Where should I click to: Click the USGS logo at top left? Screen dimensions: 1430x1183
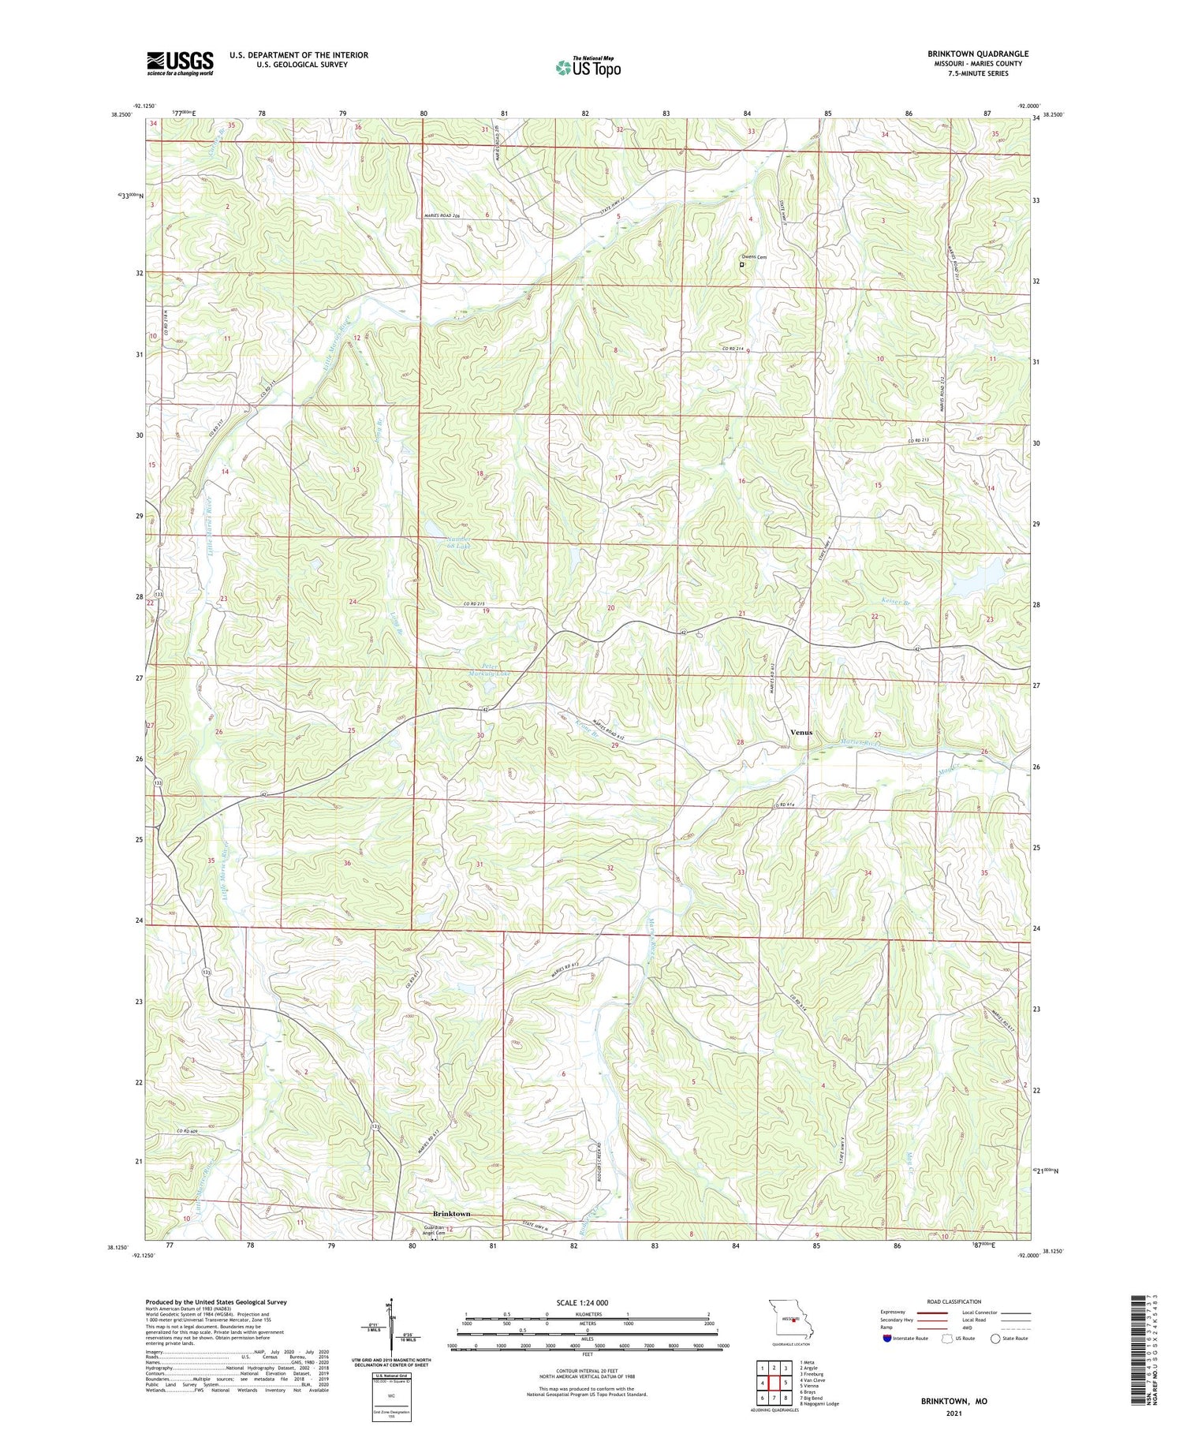coord(180,63)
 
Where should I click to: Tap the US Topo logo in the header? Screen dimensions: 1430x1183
coord(588,67)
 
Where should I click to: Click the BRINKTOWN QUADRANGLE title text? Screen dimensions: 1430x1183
coord(977,54)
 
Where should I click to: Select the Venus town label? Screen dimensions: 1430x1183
coord(800,732)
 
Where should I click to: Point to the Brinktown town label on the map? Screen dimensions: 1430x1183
coord(451,1214)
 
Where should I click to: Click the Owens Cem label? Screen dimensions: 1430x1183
coord(753,257)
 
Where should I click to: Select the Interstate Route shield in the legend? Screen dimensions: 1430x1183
coord(886,1339)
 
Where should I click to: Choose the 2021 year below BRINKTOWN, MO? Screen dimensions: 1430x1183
coord(953,1412)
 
